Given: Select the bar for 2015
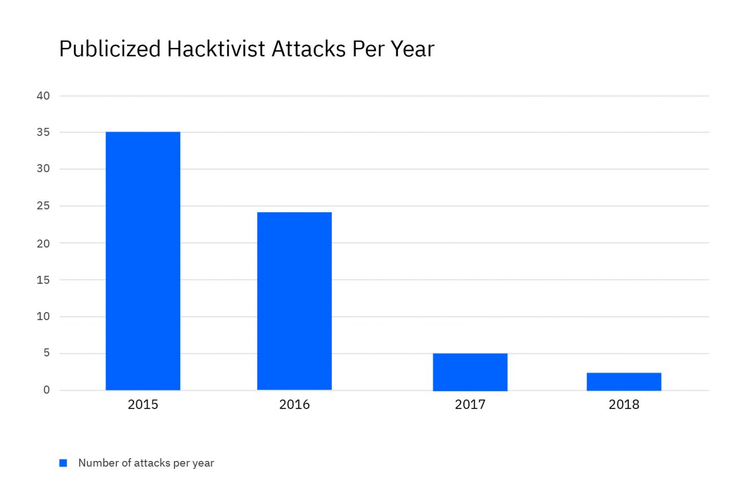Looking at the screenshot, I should pyautogui.click(x=143, y=261).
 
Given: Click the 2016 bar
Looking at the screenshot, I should pyautogui.click(x=294, y=301).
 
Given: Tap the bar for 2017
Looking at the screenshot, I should pyautogui.click(x=470, y=372).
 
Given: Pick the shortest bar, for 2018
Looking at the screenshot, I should pyautogui.click(x=624, y=381).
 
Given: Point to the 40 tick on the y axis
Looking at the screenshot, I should pyautogui.click(x=43, y=96).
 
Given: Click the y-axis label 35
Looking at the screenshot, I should pyautogui.click(x=43, y=133).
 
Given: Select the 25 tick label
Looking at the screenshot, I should pyautogui.click(x=43, y=206).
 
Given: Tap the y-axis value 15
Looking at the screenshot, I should pyautogui.click(x=43, y=280).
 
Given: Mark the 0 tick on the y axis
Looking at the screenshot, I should pyautogui.click(x=46, y=390).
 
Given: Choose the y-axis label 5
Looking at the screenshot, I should pyautogui.click(x=46, y=353).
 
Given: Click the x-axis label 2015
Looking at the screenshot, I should pyautogui.click(x=143, y=405).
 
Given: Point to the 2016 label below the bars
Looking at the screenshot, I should pyautogui.click(x=294, y=405).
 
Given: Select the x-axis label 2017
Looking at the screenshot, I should pyautogui.click(x=470, y=405).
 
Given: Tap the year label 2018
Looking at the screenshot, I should pyautogui.click(x=624, y=405).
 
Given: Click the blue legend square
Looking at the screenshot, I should pyautogui.click(x=63, y=463).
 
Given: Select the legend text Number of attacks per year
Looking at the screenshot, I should pyautogui.click(x=146, y=463).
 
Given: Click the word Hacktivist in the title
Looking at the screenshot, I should pyautogui.click(x=216, y=49).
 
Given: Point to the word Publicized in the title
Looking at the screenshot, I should pyautogui.click(x=109, y=49).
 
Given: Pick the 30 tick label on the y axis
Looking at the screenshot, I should pyautogui.click(x=43, y=169).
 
